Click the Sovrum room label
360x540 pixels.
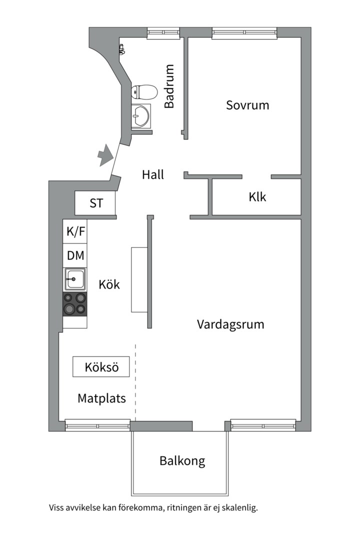[247, 105]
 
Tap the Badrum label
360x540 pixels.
[169, 86]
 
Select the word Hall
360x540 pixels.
[153, 174]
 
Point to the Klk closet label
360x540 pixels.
[257, 197]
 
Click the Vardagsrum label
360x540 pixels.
[230, 324]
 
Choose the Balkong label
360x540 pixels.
[182, 461]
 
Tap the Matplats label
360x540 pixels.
[101, 398]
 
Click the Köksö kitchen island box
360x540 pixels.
[101, 367]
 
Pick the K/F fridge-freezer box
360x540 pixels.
[75, 231]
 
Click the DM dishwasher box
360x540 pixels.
[75, 255]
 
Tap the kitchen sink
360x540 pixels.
[75, 279]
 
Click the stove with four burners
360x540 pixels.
[75, 304]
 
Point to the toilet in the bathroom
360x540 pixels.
[144, 92]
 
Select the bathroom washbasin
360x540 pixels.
[141, 115]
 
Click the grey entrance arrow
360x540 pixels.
[105, 155]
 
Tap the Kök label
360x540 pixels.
[109, 285]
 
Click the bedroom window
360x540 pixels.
[244, 32]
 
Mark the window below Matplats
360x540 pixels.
[98, 425]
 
